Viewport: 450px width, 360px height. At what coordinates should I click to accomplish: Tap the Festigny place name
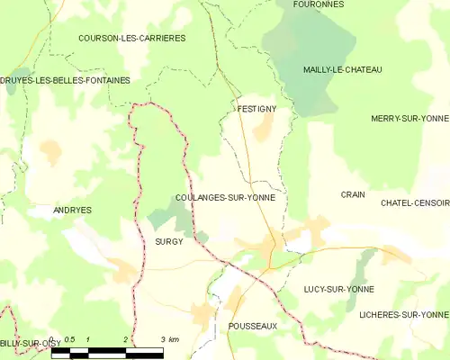coord(256,109)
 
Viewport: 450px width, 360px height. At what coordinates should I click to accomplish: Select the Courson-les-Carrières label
coord(131,39)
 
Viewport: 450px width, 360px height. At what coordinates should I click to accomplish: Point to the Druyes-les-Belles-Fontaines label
coord(66,80)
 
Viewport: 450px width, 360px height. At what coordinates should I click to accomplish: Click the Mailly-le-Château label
coord(343,69)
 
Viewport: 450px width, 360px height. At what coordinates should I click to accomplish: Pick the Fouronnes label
coord(318,4)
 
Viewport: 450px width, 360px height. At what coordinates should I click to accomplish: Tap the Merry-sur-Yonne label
coord(409,118)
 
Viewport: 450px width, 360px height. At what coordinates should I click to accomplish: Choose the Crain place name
coord(352,194)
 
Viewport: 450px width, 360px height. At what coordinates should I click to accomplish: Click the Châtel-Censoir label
coord(415,203)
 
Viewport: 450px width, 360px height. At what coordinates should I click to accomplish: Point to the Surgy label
coord(168,241)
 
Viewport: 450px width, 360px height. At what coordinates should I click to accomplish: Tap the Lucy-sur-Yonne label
coord(339,289)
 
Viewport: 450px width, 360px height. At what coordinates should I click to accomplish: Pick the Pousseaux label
coord(253,326)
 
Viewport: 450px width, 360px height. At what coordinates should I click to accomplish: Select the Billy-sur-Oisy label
coord(24,343)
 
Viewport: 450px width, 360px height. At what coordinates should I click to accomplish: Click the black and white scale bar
coord(107,351)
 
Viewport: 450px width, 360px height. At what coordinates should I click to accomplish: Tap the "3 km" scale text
coord(169,339)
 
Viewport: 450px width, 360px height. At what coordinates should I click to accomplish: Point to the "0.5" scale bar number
coord(68,339)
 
